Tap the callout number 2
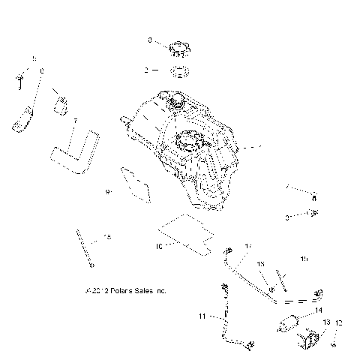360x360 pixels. tap(147, 70)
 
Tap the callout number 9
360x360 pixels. tap(108, 192)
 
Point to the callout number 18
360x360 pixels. tap(106, 237)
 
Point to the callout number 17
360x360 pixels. tap(248, 246)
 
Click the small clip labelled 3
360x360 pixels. tap(313, 217)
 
